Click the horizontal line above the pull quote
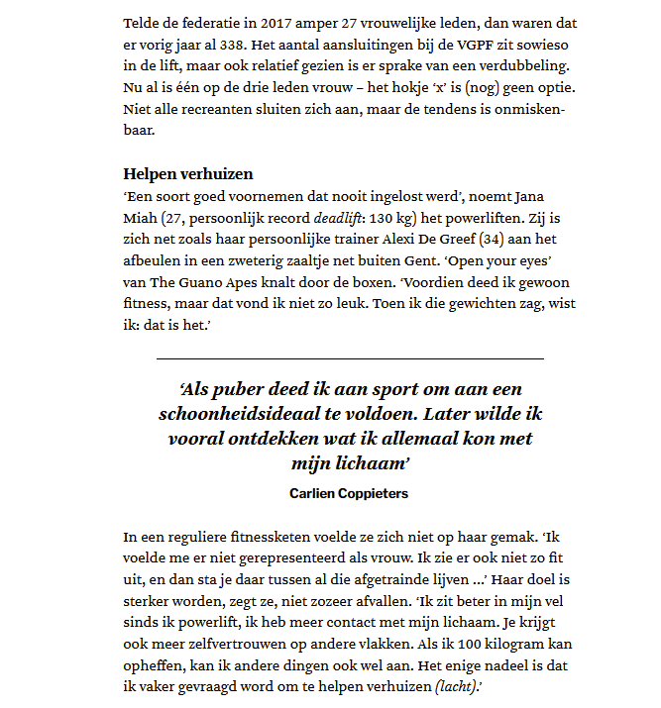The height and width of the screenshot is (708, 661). pos(350,357)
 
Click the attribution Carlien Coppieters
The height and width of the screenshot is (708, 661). pos(350,492)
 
